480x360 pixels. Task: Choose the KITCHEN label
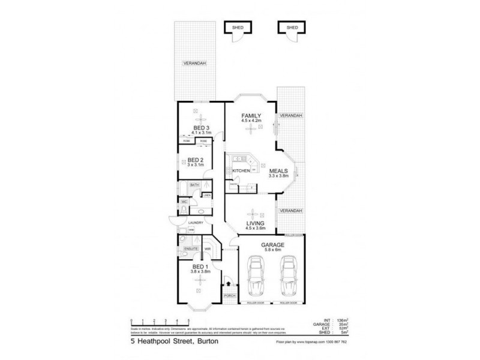241,172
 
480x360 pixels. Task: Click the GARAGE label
272,245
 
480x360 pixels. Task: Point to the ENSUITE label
191,247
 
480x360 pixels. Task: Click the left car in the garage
255,277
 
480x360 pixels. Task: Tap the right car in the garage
289,277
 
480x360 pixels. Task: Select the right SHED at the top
292,28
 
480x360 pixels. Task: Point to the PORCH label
229,297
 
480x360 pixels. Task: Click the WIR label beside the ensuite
207,247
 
